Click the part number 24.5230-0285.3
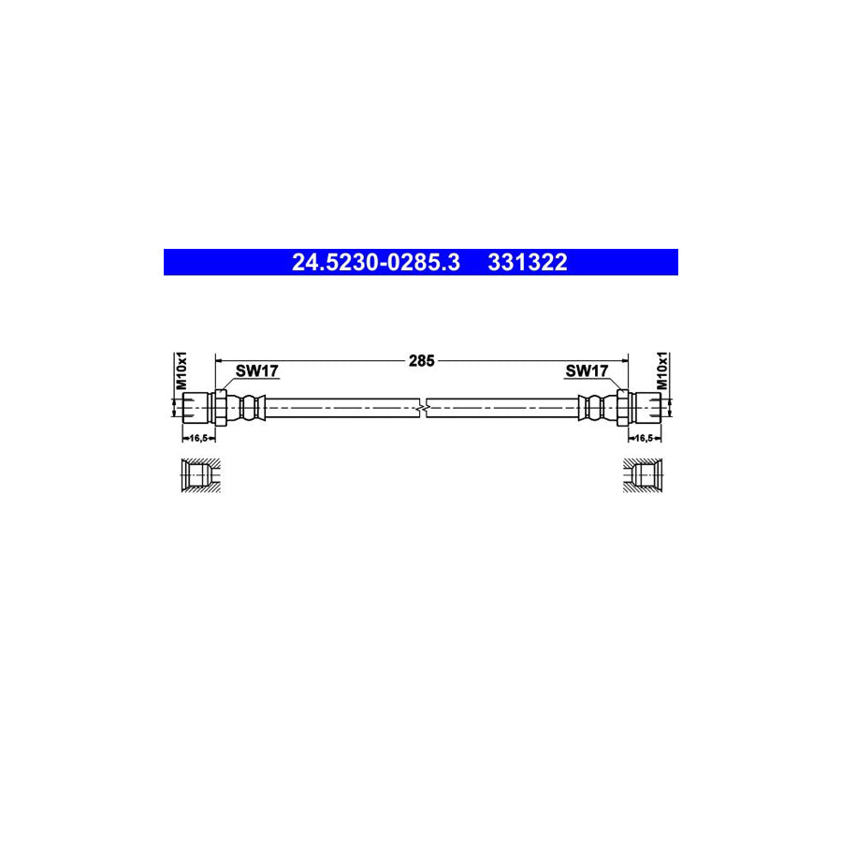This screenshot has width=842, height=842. [375, 263]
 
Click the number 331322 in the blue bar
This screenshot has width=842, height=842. [527, 263]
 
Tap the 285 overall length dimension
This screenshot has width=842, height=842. [422, 358]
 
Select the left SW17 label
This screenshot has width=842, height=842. [256, 371]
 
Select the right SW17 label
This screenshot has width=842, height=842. [588, 371]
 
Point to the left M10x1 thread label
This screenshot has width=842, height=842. [183, 371]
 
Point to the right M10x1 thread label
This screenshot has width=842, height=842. [661, 371]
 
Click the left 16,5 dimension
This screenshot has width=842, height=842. [197, 437]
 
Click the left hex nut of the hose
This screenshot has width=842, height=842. [222, 407]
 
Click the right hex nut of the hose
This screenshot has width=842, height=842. [622, 407]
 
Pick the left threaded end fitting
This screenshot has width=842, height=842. [196, 407]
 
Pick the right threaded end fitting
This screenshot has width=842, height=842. [647, 407]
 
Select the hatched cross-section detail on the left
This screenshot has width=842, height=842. [198, 474]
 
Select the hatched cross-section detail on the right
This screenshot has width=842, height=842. [645, 474]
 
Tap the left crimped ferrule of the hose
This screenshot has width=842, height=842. [249, 407]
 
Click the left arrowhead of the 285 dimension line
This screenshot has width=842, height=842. [221, 358]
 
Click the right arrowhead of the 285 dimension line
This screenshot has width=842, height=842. [623, 358]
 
